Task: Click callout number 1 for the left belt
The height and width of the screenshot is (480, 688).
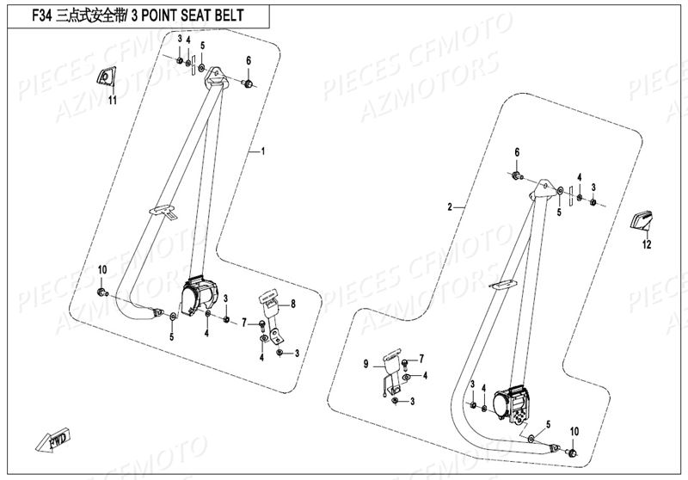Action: pos(263,151)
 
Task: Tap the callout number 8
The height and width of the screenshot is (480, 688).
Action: pos(292,304)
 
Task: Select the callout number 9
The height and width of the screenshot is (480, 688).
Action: pos(366,365)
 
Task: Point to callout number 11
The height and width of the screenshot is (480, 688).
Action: pos(111,101)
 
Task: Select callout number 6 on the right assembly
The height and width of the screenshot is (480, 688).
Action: pos(517,152)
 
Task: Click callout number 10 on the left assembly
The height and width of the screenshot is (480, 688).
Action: pos(101,270)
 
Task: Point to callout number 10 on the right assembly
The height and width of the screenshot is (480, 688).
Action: pos(574,430)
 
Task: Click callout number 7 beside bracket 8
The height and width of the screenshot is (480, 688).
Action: pos(244,323)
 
